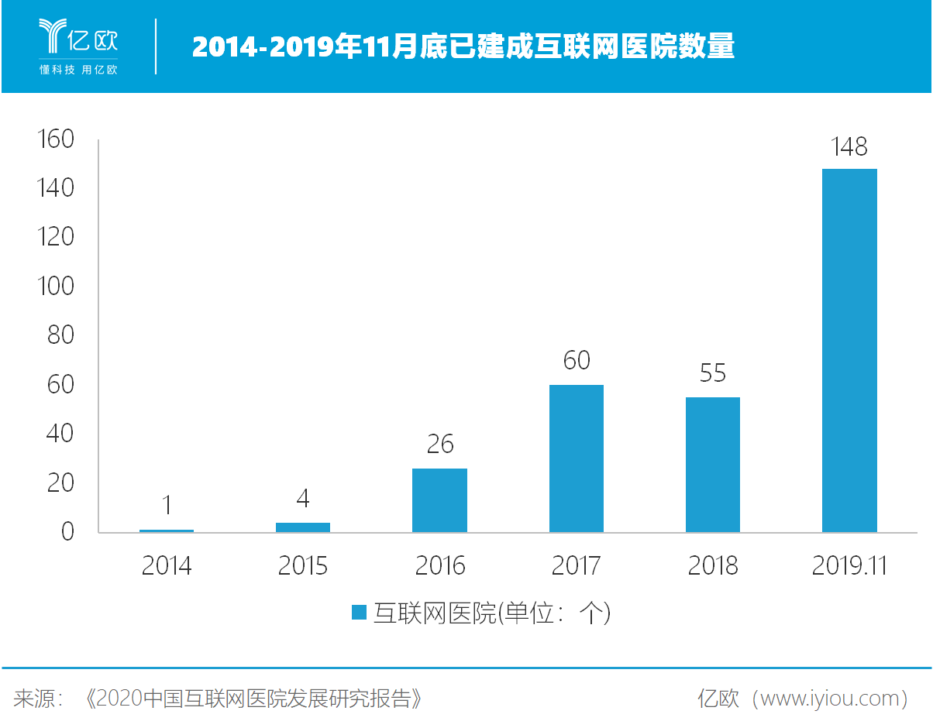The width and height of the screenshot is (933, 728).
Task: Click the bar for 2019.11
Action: pyautogui.click(x=849, y=350)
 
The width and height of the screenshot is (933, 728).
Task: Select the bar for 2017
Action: pyautogui.click(x=577, y=458)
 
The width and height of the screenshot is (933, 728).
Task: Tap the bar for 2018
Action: pyautogui.click(x=713, y=465)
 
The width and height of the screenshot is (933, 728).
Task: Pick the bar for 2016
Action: pyautogui.click(x=439, y=500)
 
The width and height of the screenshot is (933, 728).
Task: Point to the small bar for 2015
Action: pyautogui.click(x=303, y=527)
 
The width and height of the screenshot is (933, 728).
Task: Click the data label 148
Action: pyautogui.click(x=849, y=147)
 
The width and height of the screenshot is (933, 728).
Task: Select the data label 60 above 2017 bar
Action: pyautogui.click(x=577, y=361)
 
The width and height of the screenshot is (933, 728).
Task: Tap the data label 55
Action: pyautogui.click(x=713, y=373)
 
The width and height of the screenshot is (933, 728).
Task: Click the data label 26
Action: pyautogui.click(x=439, y=445)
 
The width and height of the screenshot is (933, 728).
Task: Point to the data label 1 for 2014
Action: pyautogui.click(x=167, y=506)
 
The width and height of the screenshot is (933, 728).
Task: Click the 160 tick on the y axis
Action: pyautogui.click(x=55, y=139)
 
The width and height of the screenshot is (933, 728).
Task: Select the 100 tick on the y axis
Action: pyautogui.click(x=55, y=287)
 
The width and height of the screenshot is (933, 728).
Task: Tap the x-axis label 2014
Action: pyautogui.click(x=167, y=566)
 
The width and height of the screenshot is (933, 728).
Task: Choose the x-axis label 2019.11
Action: pyautogui.click(x=849, y=566)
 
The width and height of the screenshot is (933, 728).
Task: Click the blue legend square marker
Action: pyautogui.click(x=359, y=613)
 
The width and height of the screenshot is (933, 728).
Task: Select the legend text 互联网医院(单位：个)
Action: pyautogui.click(x=492, y=613)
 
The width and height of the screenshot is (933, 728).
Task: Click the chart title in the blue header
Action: pyautogui.click(x=463, y=47)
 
